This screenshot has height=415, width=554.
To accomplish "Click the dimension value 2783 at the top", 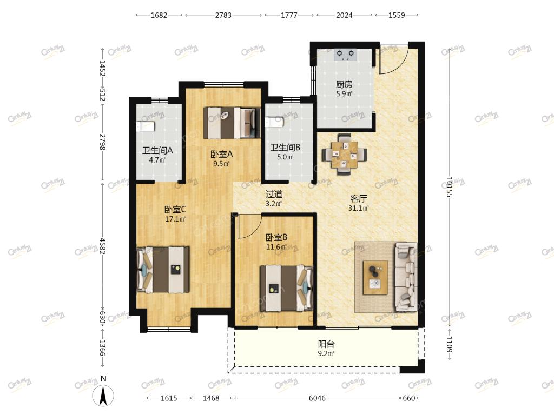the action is click(x=223, y=15).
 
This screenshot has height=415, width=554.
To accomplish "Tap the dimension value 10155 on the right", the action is click(x=449, y=187).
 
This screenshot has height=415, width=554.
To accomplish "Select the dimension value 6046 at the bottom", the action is click(x=317, y=398).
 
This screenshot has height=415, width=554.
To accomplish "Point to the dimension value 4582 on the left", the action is click(x=102, y=246).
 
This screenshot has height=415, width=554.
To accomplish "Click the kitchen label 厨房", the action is click(x=344, y=84).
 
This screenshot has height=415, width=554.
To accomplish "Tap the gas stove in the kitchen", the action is click(x=345, y=55).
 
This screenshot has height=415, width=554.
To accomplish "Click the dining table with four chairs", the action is click(x=344, y=155).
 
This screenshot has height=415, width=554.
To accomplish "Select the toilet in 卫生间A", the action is click(x=146, y=126).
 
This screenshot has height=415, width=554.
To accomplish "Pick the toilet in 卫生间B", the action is click(x=274, y=122).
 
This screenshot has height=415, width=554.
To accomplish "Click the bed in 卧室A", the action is click(x=232, y=123).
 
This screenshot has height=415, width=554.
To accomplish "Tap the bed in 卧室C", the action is click(x=163, y=270).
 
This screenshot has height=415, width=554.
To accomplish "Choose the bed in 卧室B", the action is click(x=287, y=289).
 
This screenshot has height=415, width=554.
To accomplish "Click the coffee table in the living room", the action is click(x=375, y=277).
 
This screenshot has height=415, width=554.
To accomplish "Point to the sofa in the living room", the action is click(x=406, y=277).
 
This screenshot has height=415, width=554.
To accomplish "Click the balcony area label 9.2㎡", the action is click(x=326, y=353).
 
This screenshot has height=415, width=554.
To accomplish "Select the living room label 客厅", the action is click(x=358, y=199).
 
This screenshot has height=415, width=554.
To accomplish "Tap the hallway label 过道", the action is click(x=274, y=194).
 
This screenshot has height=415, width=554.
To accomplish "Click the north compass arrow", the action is click(x=103, y=396).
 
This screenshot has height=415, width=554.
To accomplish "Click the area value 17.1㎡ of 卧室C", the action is click(x=175, y=219).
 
